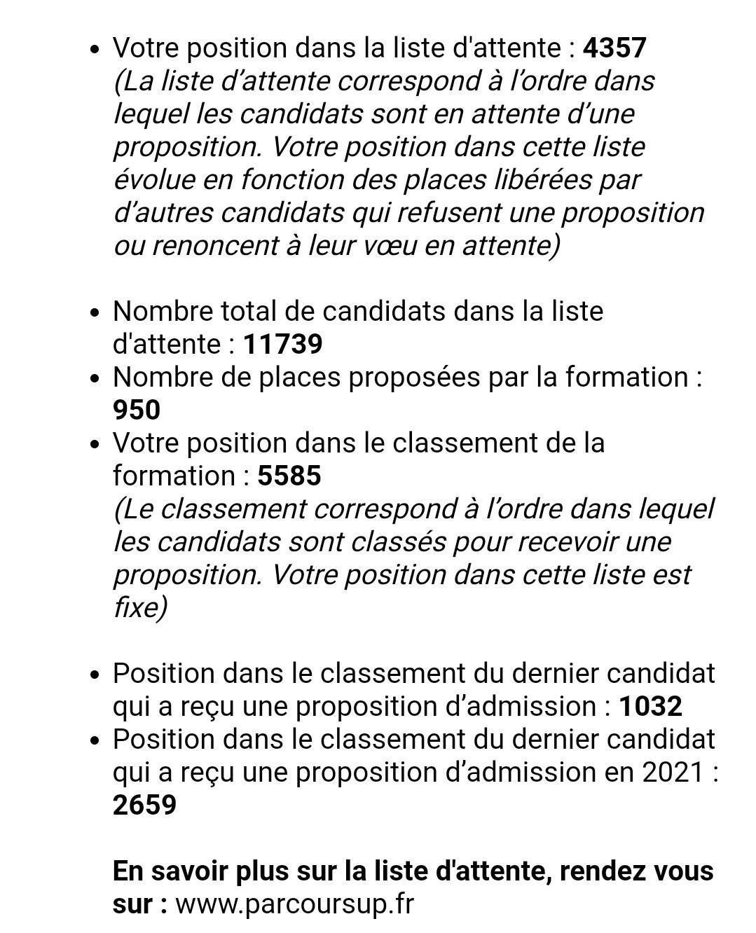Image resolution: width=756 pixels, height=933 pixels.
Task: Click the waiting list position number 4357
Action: pyautogui.click(x=614, y=48)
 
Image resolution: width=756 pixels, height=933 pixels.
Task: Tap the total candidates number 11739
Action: pyautogui.click(x=282, y=344)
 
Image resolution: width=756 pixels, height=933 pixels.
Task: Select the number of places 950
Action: pyautogui.click(x=137, y=410)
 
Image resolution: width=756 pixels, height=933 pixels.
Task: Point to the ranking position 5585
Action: pyautogui.click(x=289, y=476)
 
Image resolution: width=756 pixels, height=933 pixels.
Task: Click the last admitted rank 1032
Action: pyautogui.click(x=650, y=706)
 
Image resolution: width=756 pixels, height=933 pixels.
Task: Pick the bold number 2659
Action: pyautogui.click(x=144, y=805)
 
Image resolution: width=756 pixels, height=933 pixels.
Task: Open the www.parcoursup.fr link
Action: pyautogui.click(x=294, y=904)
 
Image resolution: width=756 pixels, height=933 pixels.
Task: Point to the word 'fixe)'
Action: pyautogui.click(x=139, y=607)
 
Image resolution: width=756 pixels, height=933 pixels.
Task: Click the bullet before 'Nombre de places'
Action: pyautogui.click(x=97, y=379)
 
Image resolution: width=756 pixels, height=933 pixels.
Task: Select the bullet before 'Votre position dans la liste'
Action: pyautogui.click(x=97, y=50)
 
